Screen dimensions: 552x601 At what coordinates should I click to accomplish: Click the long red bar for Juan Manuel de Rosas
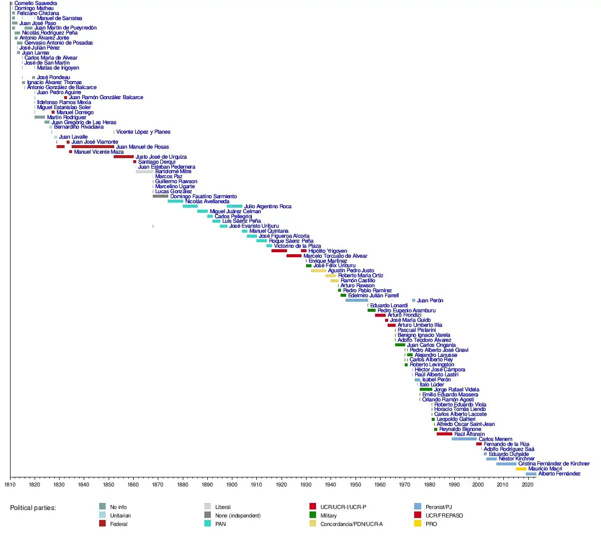[x=93, y=147]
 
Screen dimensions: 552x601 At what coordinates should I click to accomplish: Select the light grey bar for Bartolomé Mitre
[x=144, y=172]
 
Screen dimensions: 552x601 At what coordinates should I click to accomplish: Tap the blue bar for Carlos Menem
[x=464, y=439]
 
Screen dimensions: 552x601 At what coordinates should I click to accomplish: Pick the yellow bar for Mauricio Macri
[x=521, y=469]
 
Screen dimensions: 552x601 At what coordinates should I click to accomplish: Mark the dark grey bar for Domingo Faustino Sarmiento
[x=161, y=196]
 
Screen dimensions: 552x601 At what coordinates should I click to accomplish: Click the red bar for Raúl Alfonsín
[x=444, y=434]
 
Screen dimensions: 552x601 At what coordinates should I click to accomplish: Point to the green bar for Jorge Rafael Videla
[x=426, y=389]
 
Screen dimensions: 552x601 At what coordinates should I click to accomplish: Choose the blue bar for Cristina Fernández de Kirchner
[x=506, y=464]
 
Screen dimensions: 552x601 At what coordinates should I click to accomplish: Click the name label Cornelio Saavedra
[x=36, y=4]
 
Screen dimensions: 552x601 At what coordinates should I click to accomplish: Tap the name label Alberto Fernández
[x=559, y=474]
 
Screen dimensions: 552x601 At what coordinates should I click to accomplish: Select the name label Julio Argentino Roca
[x=267, y=206]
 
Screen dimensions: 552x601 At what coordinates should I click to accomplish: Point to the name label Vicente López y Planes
[x=143, y=132]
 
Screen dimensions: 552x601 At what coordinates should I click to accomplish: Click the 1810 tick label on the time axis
[x=10, y=484]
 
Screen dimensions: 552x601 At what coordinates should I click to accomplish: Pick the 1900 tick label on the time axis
[x=232, y=484]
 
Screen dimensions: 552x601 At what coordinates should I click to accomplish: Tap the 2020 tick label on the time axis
[x=527, y=484]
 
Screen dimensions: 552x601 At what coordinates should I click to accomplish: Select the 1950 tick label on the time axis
[x=355, y=484]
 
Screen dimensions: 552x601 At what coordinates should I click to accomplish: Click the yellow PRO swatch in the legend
[x=418, y=523]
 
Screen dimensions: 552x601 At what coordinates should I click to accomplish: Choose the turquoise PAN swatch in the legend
[x=207, y=523]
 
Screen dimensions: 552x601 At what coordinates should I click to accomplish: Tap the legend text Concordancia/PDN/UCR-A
[x=352, y=524]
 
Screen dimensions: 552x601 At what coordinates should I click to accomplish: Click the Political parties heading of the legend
[x=33, y=508]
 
